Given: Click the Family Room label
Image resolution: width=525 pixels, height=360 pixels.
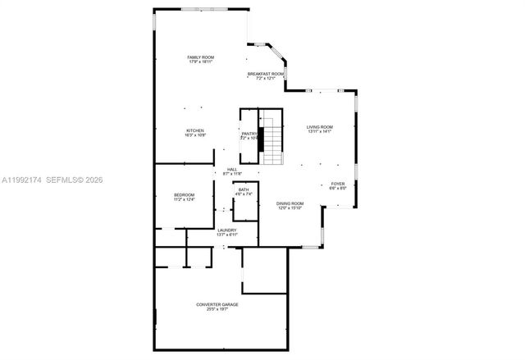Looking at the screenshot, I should tap(200, 57).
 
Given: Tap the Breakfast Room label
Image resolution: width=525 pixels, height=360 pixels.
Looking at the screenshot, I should tap(266, 74).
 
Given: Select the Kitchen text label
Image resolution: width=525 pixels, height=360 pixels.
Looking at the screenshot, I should tap(194, 130).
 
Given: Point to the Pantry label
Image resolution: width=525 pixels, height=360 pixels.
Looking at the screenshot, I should tap(249, 134).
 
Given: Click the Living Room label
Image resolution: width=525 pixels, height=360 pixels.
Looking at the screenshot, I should tap(319, 126).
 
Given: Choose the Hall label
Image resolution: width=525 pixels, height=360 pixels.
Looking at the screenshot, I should tap(232, 169).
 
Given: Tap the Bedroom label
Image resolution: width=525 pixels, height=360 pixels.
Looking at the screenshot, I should tap(184, 194).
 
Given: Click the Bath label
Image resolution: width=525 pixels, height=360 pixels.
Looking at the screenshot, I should tap(244, 190).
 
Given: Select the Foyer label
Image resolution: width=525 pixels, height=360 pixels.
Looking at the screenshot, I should tap(338, 184).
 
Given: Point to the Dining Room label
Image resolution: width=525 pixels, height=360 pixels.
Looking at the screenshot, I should tap(290, 203).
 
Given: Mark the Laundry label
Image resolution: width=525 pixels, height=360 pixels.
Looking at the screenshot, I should tap(227, 230).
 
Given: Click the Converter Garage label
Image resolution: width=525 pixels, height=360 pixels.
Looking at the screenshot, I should tap(217, 304).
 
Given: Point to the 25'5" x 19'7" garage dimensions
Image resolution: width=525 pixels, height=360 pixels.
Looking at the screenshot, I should tap(217, 309).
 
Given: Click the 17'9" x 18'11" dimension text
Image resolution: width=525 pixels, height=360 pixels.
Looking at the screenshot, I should tap(200, 62).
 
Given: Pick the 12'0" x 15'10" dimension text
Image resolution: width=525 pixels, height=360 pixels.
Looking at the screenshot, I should tap(290, 207).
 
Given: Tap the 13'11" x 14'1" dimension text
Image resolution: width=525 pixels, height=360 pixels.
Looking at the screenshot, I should tap(319, 131).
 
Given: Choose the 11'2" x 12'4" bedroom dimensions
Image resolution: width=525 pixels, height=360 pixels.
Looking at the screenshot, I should tap(184, 198).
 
